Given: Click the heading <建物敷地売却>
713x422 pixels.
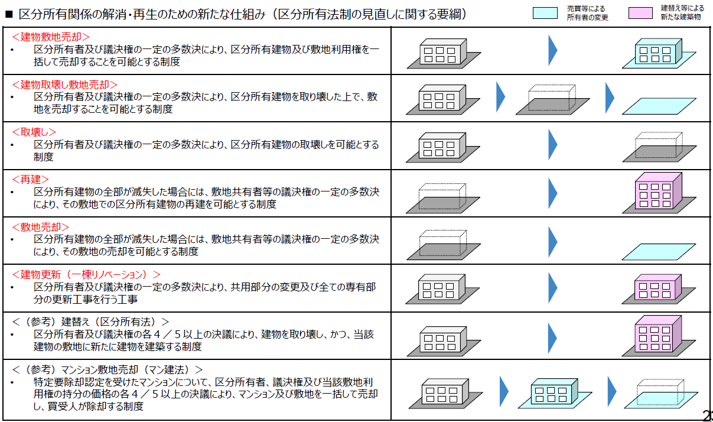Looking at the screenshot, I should (x=51, y=37).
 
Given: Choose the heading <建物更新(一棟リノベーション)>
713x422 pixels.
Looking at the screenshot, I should (x=86, y=274).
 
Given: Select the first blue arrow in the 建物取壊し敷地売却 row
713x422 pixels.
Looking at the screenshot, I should (x=501, y=97).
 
